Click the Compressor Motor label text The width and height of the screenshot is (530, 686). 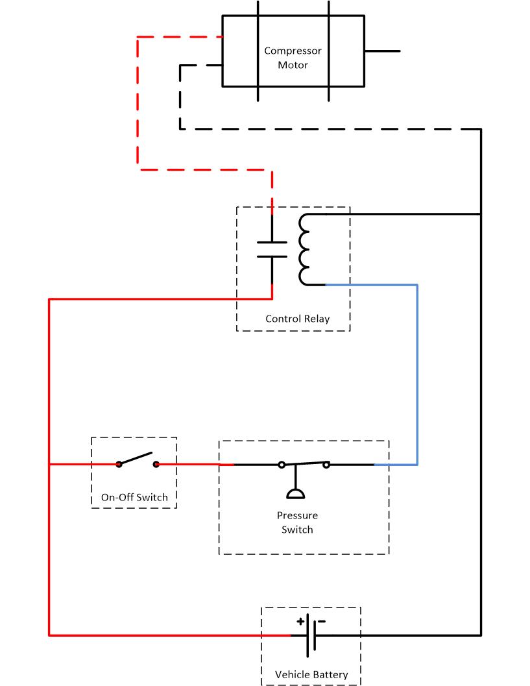pyautogui.click(x=293, y=58)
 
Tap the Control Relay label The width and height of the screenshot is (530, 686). pyautogui.click(x=297, y=319)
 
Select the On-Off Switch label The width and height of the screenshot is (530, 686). pyautogui.click(x=134, y=498)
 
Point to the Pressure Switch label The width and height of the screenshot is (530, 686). pyautogui.click(x=297, y=522)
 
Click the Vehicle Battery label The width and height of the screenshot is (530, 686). pyautogui.click(x=311, y=674)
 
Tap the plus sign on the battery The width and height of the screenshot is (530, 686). pyautogui.click(x=300, y=621)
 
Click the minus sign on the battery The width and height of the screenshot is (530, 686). pyautogui.click(x=322, y=621)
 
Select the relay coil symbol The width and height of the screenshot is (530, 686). pyautogui.click(x=304, y=250)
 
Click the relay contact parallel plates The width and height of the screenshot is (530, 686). pyautogui.click(x=272, y=249)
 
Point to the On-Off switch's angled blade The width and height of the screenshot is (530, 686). pyautogui.click(x=136, y=458)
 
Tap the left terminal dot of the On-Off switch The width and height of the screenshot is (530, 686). pyautogui.click(x=119, y=464)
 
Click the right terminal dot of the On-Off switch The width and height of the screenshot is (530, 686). pyautogui.click(x=156, y=464)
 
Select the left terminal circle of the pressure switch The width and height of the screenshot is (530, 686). pyautogui.click(x=282, y=465)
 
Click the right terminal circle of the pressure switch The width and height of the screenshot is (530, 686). pyautogui.click(x=326, y=465)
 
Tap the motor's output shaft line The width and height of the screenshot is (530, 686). pyautogui.click(x=382, y=51)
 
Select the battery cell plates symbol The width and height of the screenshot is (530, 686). pyautogui.click(x=311, y=635)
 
